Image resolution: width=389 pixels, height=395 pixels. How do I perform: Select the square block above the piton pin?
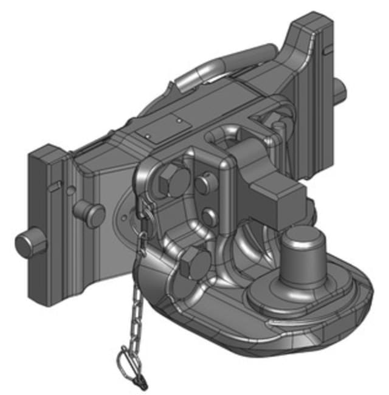coord(277,194)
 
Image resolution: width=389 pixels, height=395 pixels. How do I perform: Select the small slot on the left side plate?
coord(57,184)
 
